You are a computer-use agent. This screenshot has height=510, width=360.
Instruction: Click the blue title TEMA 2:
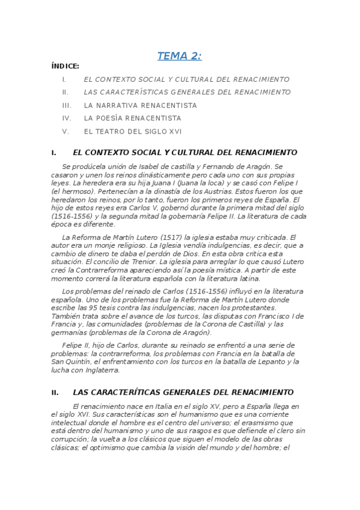(x=179, y=57)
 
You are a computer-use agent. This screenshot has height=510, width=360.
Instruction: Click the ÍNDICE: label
(x=66, y=67)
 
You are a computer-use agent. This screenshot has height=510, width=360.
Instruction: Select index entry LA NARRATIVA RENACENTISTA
(x=140, y=105)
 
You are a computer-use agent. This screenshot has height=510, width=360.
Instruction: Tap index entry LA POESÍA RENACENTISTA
(x=132, y=118)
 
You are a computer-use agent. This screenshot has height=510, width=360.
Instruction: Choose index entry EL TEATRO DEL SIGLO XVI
(x=132, y=132)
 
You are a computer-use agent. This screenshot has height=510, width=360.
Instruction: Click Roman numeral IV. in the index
(x=67, y=118)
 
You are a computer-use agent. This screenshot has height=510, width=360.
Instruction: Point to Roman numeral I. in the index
(x=64, y=79)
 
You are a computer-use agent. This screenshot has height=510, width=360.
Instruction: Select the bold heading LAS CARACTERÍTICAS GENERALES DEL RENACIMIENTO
(x=183, y=392)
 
